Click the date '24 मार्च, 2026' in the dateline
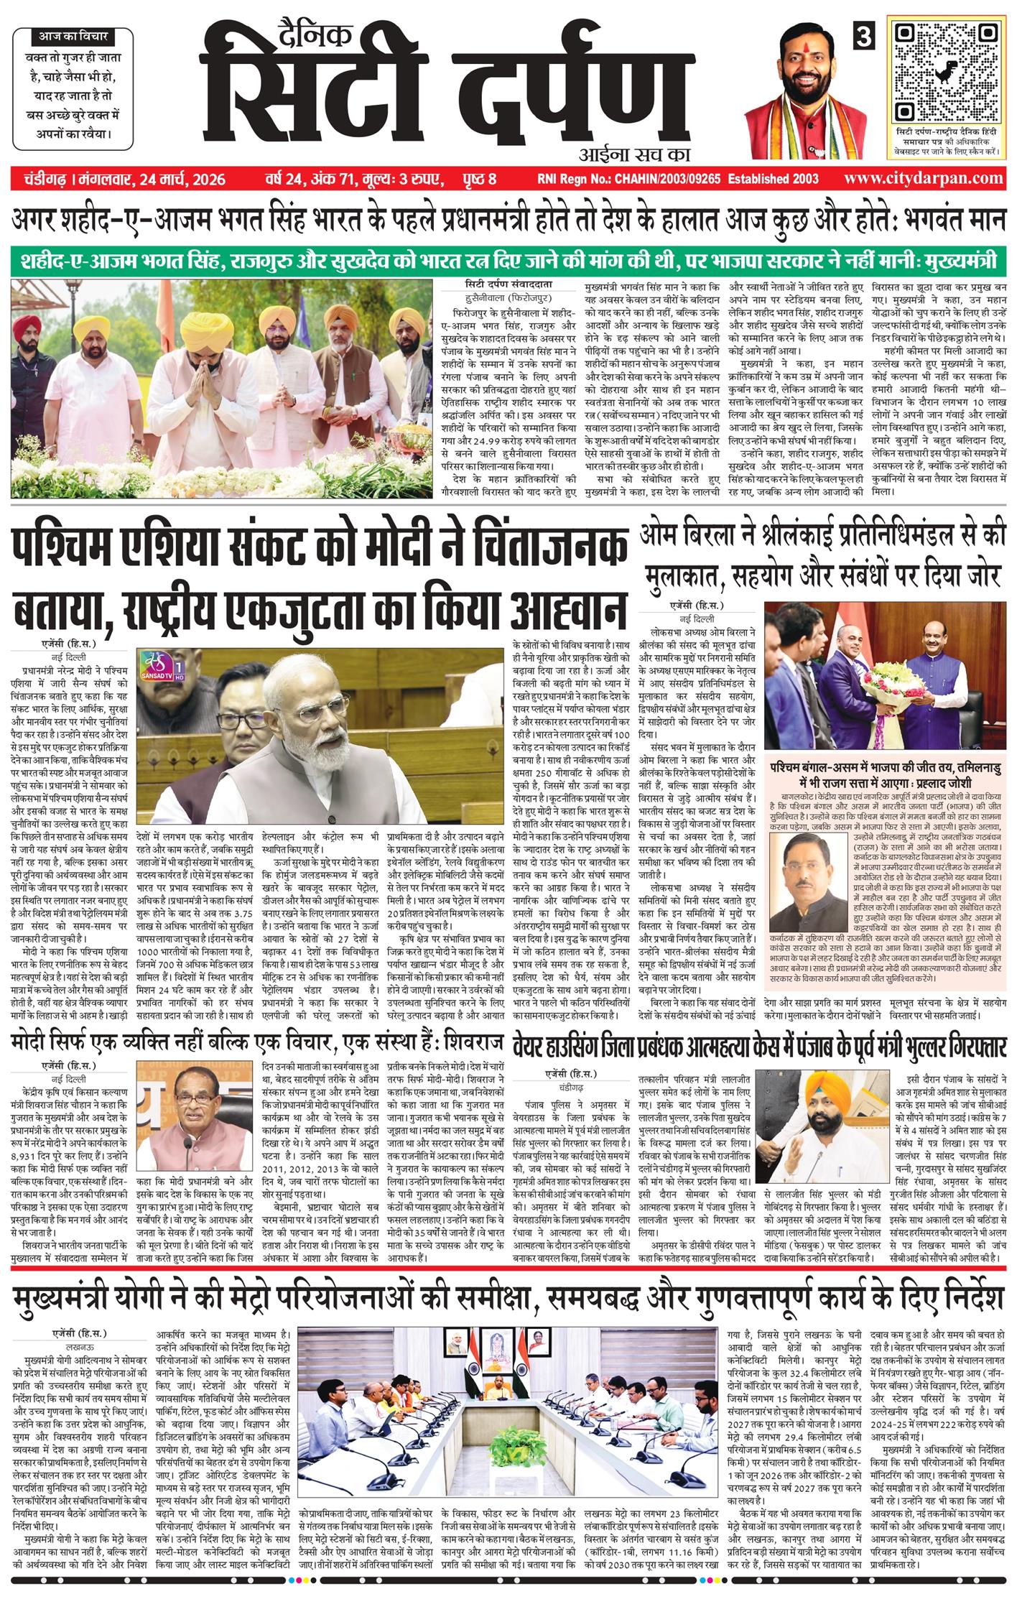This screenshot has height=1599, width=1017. (x=180, y=179)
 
